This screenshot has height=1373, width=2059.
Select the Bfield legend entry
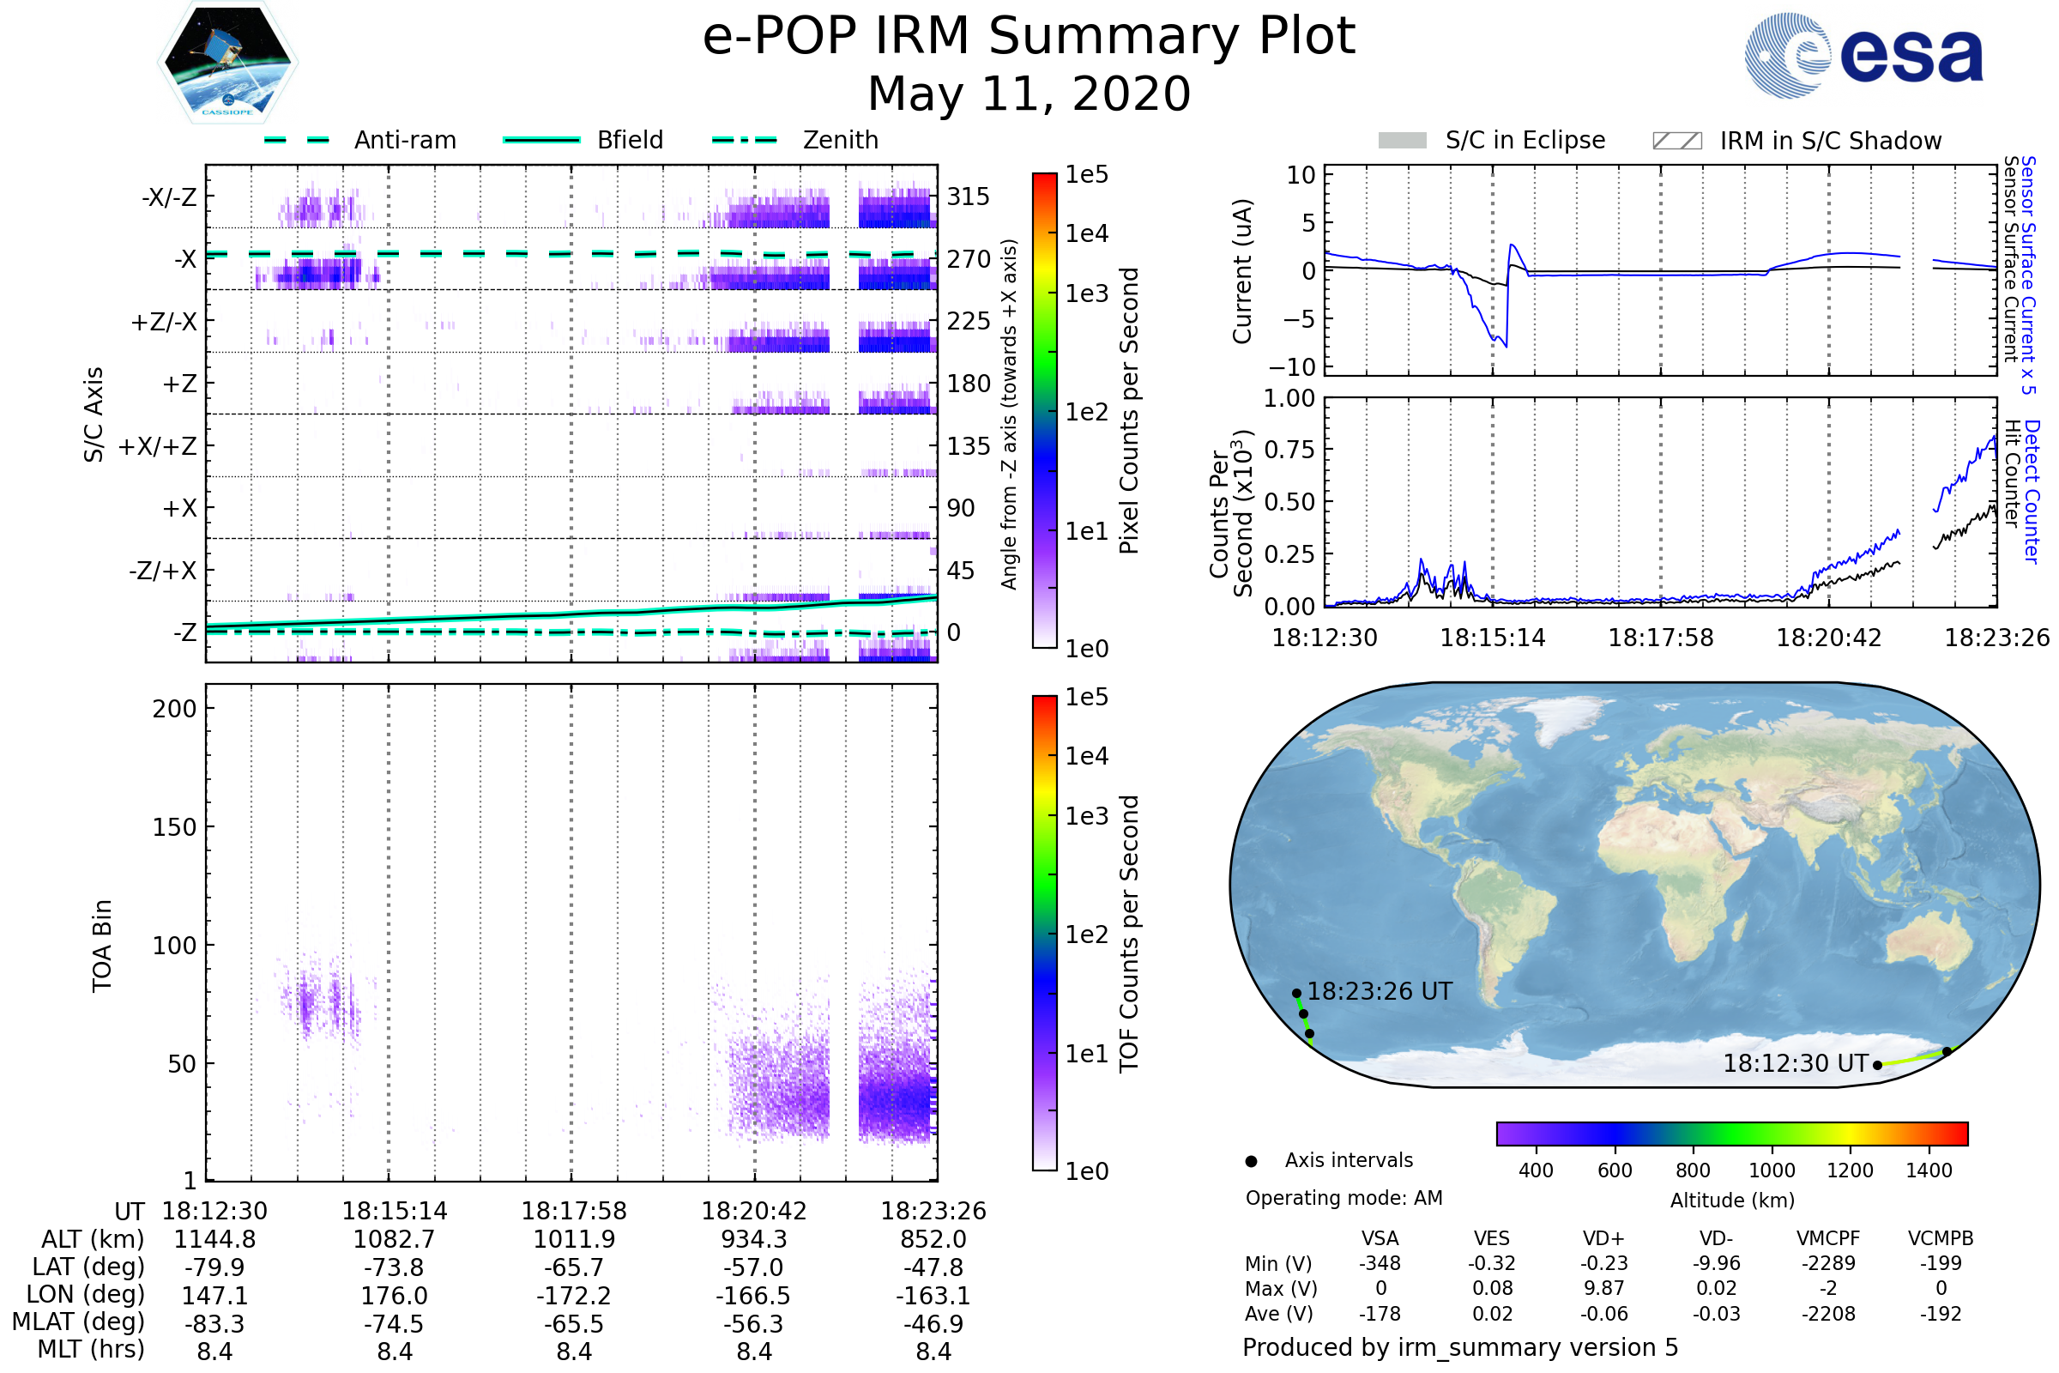point(630,140)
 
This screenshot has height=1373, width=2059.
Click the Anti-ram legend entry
point(404,140)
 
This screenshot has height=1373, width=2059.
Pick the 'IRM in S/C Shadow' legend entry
point(1830,141)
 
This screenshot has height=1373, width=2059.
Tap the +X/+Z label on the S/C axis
point(158,446)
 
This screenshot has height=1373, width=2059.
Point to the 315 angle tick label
point(968,197)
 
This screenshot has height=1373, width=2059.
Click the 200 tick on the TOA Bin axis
point(174,709)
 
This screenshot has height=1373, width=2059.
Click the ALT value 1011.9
point(573,1239)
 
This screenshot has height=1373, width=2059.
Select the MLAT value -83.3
point(214,1323)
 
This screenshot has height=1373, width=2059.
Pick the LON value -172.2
point(573,1295)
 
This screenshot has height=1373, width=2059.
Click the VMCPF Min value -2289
point(1827,1262)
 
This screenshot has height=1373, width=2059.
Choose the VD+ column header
point(1603,1238)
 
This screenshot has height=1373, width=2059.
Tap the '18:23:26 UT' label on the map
point(1379,991)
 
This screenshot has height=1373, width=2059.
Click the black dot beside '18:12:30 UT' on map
point(1877,1065)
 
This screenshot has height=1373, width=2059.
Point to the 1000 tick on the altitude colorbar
point(1771,1170)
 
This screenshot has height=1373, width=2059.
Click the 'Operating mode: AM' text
point(1343,1197)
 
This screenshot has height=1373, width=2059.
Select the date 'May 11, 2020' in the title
point(1029,94)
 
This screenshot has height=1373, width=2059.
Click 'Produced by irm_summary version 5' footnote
point(1459,1346)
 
